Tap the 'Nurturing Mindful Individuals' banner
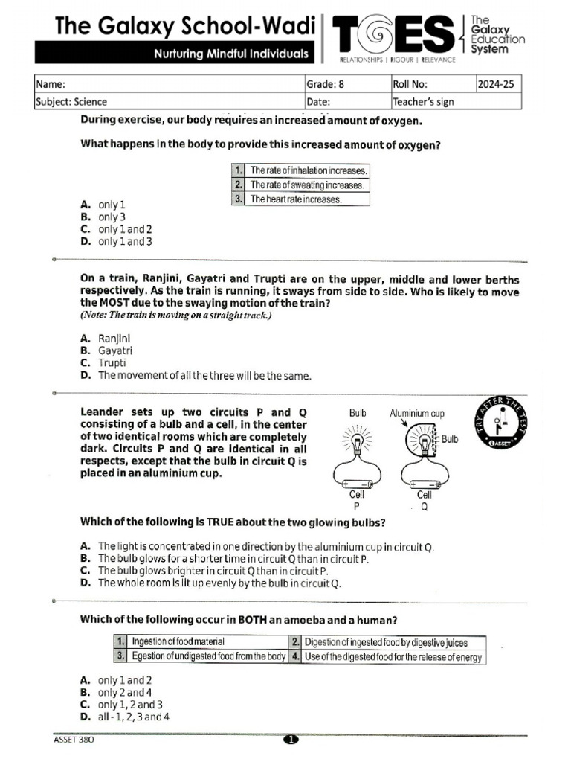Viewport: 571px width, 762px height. pyautogui.click(x=230, y=54)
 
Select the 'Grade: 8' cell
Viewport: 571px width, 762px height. pyautogui.click(x=346, y=84)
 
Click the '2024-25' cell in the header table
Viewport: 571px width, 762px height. pyautogui.click(x=498, y=84)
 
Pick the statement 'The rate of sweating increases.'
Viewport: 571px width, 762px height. pyautogui.click(x=306, y=185)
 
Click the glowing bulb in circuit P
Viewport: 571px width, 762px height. pyautogui.click(x=358, y=442)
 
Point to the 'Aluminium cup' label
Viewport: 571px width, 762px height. pyautogui.click(x=416, y=413)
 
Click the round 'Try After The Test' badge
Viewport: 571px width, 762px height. pyautogui.click(x=499, y=423)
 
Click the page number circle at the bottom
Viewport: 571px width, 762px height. pyautogui.click(x=290, y=740)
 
